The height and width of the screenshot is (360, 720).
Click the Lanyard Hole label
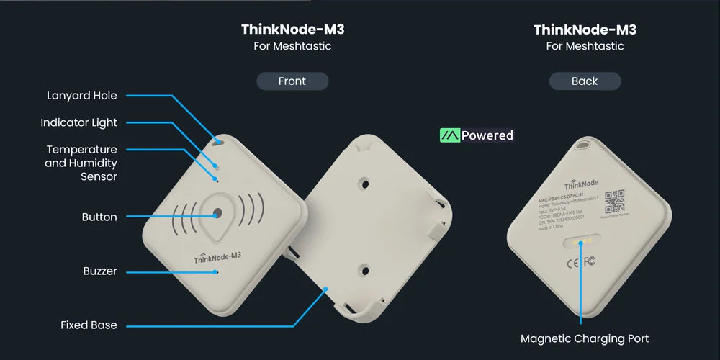[x=82, y=96]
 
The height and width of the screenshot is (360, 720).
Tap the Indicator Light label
[x=78, y=122]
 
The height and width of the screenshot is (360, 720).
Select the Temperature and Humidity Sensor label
[x=81, y=163]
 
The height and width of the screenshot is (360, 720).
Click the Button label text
[x=99, y=217]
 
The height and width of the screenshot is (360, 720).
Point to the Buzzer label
[x=100, y=271]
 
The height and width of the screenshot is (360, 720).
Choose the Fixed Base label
[x=89, y=325]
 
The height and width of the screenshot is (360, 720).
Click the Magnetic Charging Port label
[x=584, y=338]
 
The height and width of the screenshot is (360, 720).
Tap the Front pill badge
[x=292, y=81]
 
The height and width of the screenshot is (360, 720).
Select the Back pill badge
[x=585, y=81]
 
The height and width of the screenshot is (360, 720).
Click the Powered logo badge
[x=477, y=135]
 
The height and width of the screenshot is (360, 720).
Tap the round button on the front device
[x=217, y=213]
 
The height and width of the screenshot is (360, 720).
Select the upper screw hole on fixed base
[x=365, y=184]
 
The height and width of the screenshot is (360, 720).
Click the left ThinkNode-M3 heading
[x=292, y=30]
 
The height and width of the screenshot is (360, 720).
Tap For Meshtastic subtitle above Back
[x=585, y=46]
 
